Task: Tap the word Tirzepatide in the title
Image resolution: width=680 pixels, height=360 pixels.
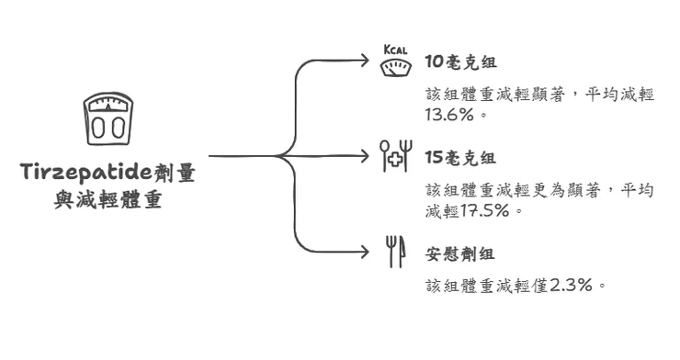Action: (86, 173)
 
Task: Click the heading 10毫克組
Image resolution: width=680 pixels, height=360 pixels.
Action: (460, 62)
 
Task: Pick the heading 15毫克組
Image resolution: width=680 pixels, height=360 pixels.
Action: (460, 157)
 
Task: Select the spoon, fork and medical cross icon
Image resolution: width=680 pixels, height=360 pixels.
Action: (397, 157)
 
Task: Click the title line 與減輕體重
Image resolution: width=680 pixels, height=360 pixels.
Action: (108, 198)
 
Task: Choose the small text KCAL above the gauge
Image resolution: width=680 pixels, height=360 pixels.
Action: (396, 50)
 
